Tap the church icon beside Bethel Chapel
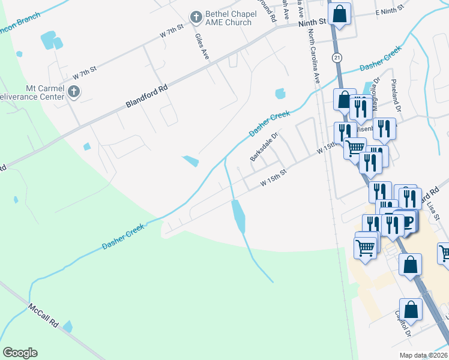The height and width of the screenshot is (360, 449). coord(196,18)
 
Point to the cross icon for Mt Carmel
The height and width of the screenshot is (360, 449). coord(74,92)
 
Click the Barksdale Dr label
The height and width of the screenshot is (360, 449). coord(265,146)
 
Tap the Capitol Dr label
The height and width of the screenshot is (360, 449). coord(403,324)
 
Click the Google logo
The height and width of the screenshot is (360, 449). coord(20,353)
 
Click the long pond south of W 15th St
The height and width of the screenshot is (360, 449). coord(238,216)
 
